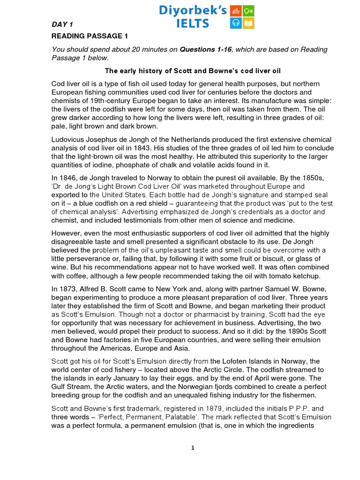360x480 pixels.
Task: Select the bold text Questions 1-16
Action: [x=206, y=50]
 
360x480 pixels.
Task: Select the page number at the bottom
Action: [x=192, y=448]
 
